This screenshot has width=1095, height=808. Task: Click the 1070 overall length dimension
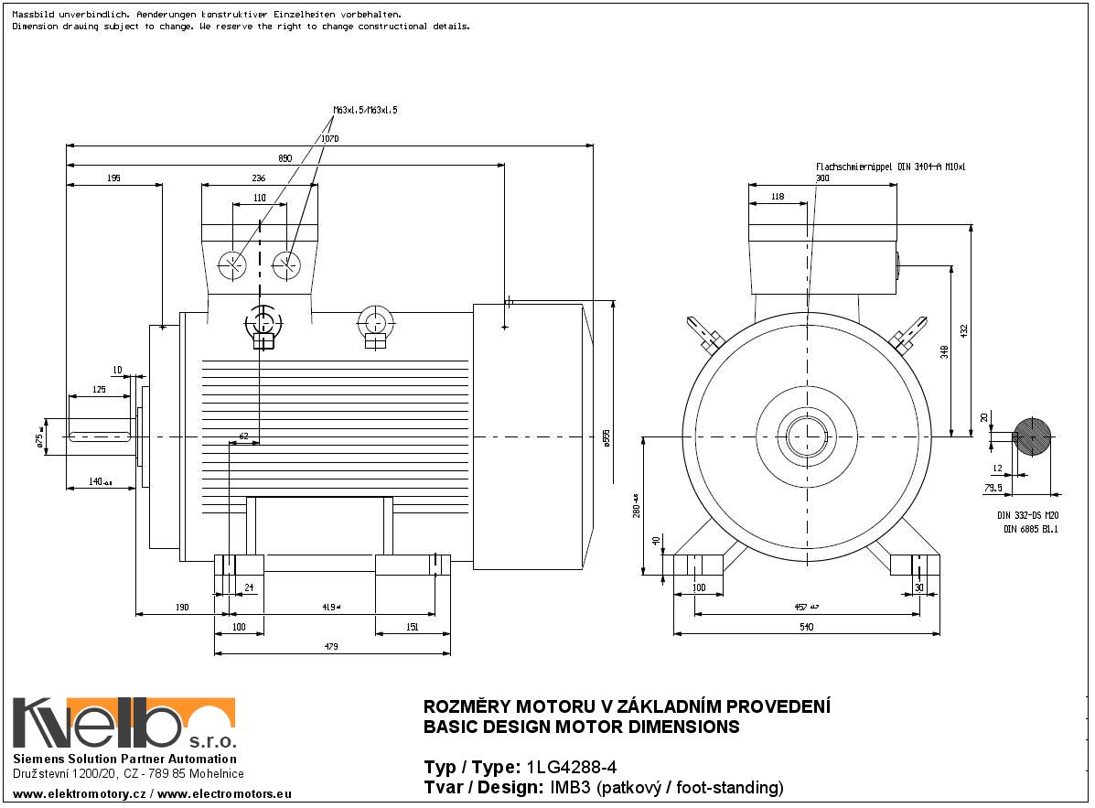329,139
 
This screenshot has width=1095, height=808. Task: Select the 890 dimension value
284,159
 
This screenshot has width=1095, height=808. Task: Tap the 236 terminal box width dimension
259,178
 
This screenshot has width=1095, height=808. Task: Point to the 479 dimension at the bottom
331,647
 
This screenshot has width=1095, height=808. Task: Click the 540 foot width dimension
806,627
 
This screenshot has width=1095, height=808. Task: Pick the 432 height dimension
963,330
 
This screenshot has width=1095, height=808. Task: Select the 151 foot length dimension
412,627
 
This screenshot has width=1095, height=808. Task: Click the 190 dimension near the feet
181,607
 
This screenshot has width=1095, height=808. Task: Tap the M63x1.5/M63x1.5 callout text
365,110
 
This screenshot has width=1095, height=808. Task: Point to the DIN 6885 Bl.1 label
1030,528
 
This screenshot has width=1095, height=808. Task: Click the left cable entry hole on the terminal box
232,264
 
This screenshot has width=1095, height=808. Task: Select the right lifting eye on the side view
374,322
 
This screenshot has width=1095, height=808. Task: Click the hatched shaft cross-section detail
1033,437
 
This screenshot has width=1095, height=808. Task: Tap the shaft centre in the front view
808,436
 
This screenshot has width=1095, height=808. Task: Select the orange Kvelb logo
123,723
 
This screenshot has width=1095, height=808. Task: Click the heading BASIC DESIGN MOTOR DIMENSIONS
581,727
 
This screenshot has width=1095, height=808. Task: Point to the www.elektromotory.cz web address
77,792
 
